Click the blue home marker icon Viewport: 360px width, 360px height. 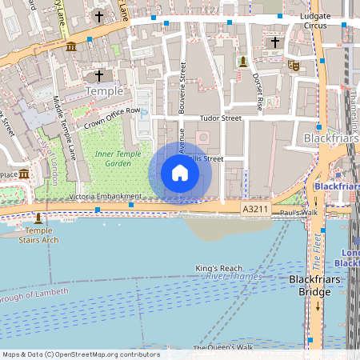[180, 173]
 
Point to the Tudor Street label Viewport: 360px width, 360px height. [220, 118]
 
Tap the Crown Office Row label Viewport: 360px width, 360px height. [112, 117]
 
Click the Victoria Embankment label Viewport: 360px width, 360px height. [106, 196]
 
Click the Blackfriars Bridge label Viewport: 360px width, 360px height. [315, 286]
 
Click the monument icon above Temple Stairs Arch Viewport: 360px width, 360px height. [38, 217]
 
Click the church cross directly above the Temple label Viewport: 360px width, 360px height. [99, 76]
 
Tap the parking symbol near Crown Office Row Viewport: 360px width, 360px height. [144, 114]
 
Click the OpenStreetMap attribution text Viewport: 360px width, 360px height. [80, 354]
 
